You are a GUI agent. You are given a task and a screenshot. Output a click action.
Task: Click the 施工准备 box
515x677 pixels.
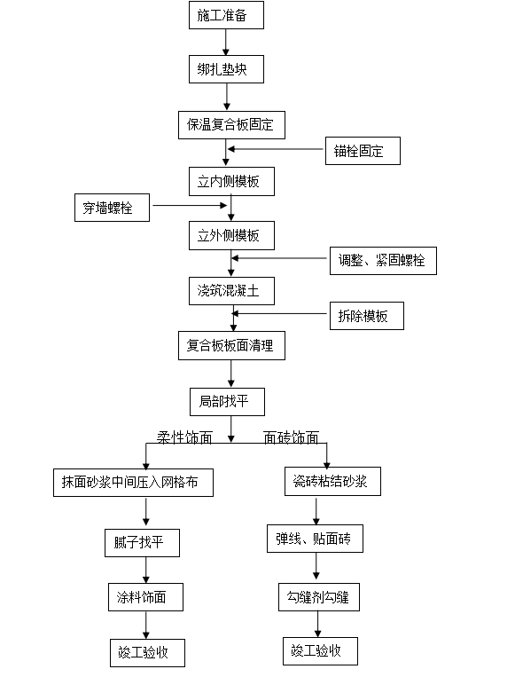tap(226, 15)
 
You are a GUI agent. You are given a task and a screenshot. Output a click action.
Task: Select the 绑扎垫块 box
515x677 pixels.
tap(226, 69)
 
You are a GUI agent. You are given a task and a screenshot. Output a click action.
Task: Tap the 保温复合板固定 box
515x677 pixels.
tap(231, 125)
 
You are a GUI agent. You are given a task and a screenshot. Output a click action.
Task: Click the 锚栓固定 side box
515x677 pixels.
tap(363, 151)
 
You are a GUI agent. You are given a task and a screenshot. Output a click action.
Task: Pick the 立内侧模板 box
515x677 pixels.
tap(231, 181)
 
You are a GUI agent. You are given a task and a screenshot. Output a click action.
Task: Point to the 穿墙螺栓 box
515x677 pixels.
tap(113, 208)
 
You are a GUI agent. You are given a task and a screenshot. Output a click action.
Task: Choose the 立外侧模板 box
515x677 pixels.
tap(231, 236)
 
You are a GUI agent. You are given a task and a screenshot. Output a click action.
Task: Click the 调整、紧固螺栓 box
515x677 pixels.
tap(383, 260)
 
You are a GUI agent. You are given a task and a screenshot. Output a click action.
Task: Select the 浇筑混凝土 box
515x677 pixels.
tap(231, 291)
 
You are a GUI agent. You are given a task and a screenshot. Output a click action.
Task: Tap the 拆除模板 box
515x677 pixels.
tap(367, 316)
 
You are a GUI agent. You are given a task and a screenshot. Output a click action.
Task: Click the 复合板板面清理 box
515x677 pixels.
tap(231, 345)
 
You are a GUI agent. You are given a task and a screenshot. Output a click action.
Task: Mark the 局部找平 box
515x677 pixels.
tap(227, 402)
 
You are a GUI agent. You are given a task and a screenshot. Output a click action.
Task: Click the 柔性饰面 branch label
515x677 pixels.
tap(184, 437)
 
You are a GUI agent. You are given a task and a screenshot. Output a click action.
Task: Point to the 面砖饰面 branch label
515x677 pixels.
tap(291, 437)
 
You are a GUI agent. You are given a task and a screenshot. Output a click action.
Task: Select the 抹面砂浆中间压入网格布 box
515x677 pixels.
tap(133, 483)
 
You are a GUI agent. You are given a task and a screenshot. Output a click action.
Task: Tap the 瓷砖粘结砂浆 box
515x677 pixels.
tap(332, 481)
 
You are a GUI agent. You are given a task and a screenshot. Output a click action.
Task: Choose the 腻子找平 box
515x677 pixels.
tap(142, 543)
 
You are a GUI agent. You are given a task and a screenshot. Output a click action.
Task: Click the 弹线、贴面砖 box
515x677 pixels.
tap(315, 539)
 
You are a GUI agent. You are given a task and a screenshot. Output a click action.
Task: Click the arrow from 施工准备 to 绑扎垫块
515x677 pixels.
tap(225, 43)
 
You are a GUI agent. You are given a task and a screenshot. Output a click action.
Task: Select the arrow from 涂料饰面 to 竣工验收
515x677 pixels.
tap(145, 626)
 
